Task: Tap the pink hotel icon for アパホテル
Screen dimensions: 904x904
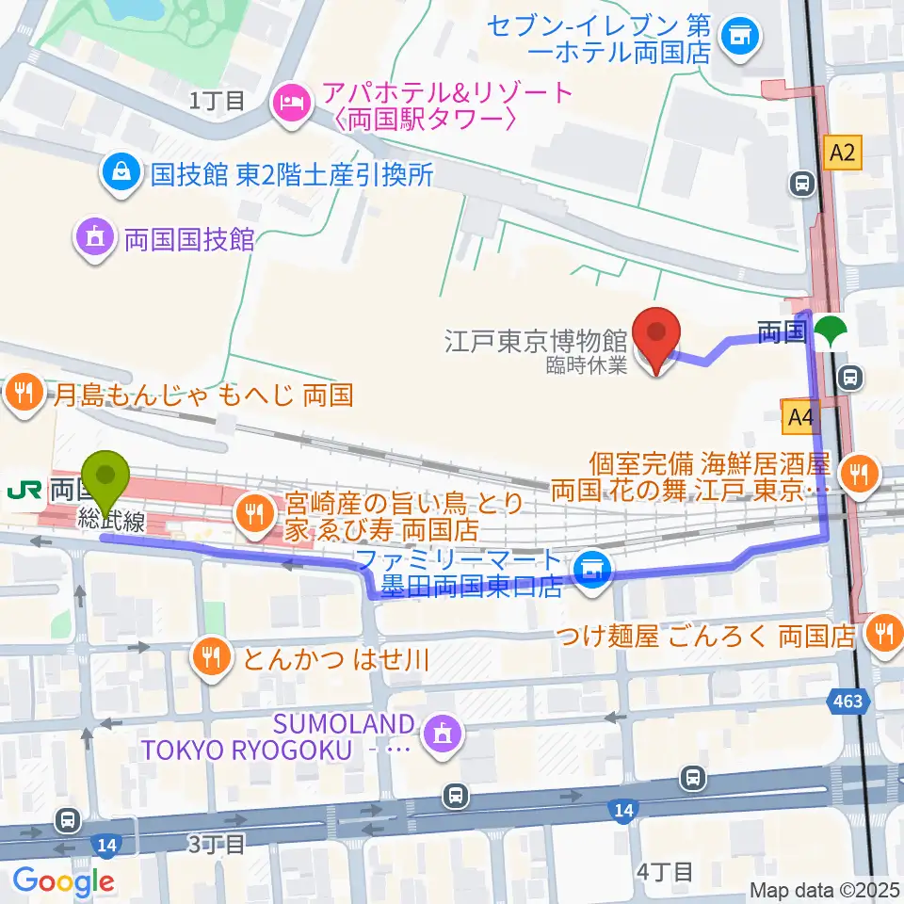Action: coord(289,104)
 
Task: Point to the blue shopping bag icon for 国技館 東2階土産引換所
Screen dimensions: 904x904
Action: coord(122,172)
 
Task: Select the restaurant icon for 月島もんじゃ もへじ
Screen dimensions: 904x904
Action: coord(23,393)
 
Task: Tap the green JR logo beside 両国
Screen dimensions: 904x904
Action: coord(23,490)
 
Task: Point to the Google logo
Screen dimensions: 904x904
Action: coord(62,881)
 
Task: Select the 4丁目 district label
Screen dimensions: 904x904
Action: coord(665,872)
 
